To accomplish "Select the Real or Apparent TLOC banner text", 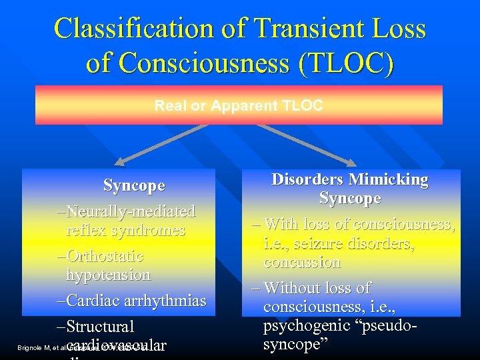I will coord(239,105).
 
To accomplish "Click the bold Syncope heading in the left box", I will coord(134,186).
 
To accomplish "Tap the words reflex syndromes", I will coord(125,231).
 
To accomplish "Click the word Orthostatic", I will coord(105,257).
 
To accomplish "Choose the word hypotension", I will coord(108,275).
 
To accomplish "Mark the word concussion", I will coord(302,263).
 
